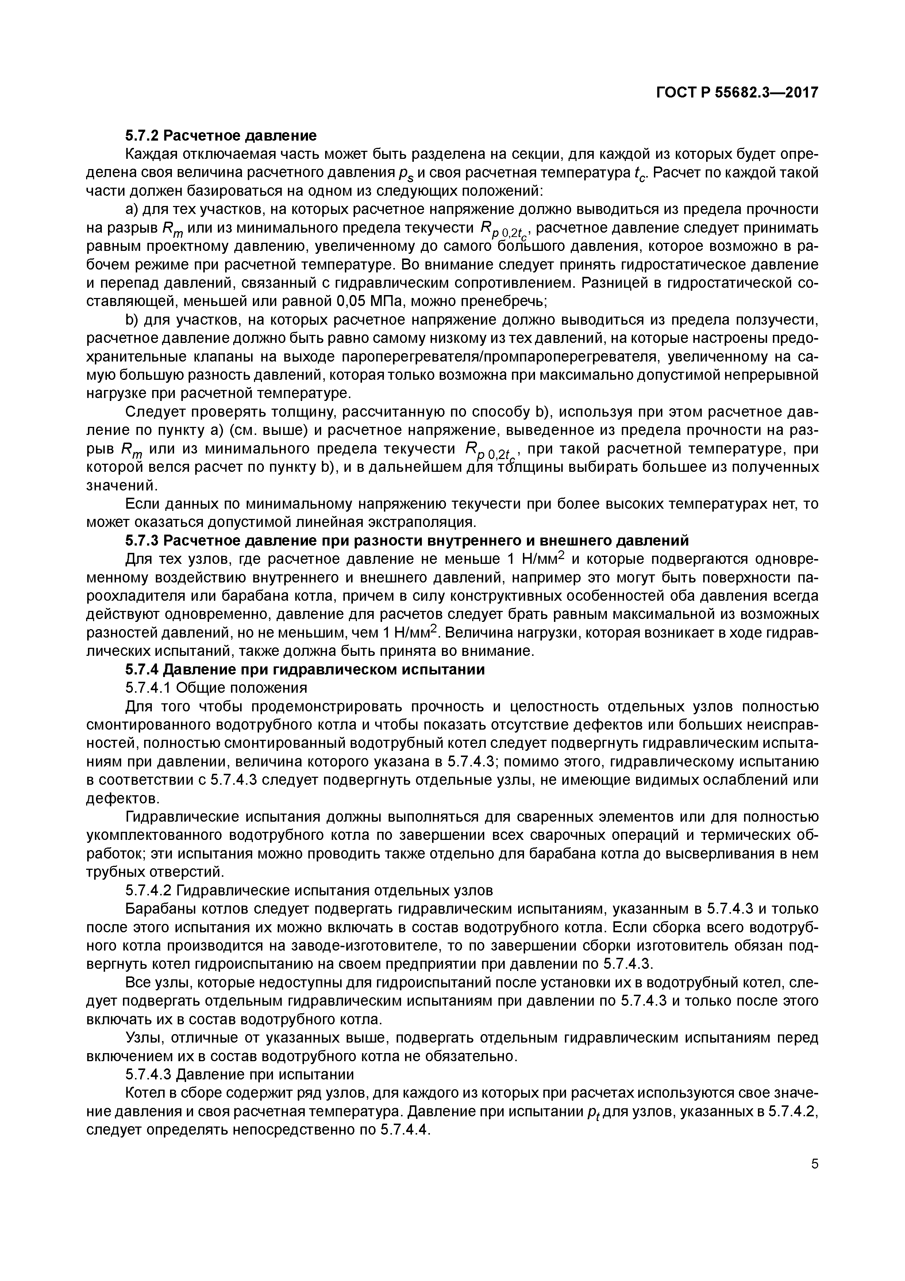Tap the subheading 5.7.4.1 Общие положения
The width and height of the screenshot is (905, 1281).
(x=216, y=687)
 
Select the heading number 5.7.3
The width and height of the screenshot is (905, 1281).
(x=142, y=541)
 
